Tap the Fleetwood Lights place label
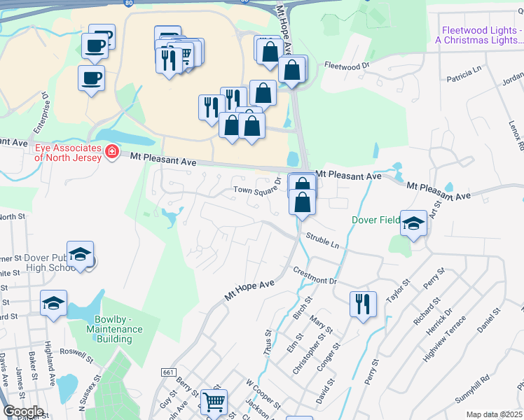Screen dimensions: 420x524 click(481, 35)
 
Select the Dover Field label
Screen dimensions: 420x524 click(375, 220)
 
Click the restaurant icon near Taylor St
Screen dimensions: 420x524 click(363, 304)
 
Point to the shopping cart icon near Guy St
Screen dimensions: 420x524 click(214, 402)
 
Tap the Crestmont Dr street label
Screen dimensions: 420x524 click(315, 276)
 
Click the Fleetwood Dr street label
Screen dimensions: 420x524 click(346, 66)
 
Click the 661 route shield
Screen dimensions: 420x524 click(167, 372)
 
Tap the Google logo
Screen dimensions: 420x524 click(23, 412)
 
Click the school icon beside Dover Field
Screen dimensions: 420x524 click(413, 223)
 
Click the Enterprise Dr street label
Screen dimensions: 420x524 click(41, 112)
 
